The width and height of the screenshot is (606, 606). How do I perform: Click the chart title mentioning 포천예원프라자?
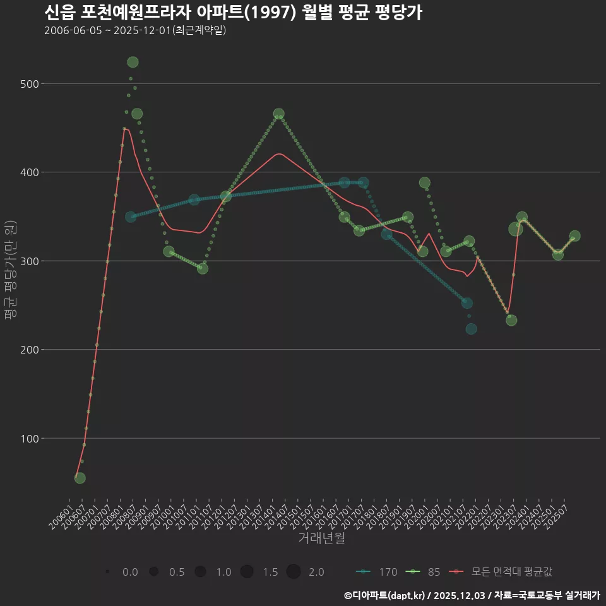[x=233, y=12]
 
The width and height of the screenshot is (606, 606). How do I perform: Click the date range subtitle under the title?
[x=135, y=30]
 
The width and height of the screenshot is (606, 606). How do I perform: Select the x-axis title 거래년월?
[x=321, y=538]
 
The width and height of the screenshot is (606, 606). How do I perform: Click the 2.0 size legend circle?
[x=294, y=572]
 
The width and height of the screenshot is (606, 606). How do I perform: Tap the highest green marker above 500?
[x=133, y=62]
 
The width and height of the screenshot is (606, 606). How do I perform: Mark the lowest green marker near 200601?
[x=80, y=478]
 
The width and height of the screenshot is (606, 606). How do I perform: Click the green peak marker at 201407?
[x=279, y=114]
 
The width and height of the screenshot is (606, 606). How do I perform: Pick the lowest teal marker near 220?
[x=471, y=329]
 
